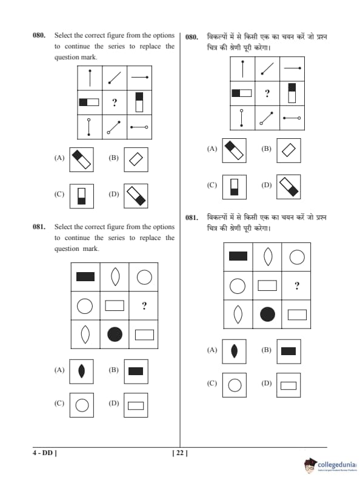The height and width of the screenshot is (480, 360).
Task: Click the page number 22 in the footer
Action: click(x=180, y=453)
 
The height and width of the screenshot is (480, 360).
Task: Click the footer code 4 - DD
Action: click(x=45, y=453)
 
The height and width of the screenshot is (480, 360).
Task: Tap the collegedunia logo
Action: click(x=330, y=465)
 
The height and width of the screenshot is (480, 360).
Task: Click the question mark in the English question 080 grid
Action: click(x=115, y=102)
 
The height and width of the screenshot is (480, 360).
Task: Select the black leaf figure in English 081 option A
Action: click(x=81, y=371)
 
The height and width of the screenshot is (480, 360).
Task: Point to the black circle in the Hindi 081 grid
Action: click(x=267, y=314)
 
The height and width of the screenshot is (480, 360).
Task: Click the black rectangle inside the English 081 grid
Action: click(x=85, y=276)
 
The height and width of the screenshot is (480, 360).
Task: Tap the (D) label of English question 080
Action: click(x=113, y=194)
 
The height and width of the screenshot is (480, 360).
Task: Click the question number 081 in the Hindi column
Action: click(x=192, y=218)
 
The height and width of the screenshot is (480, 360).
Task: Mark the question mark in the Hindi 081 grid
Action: click(x=297, y=285)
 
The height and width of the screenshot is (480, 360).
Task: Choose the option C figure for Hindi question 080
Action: click(x=234, y=187)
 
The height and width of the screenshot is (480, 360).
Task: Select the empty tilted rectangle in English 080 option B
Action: click(x=136, y=159)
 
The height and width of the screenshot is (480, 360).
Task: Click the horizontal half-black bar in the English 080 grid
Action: click(x=89, y=102)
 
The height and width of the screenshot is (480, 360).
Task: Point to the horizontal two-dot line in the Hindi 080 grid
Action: click(x=292, y=118)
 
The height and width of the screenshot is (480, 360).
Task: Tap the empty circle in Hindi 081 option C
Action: click(x=235, y=385)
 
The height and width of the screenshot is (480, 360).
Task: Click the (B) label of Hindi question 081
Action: click(x=266, y=350)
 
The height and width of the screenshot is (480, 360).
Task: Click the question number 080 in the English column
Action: click(x=39, y=35)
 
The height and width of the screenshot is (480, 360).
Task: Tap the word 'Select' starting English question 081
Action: click(x=63, y=227)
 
